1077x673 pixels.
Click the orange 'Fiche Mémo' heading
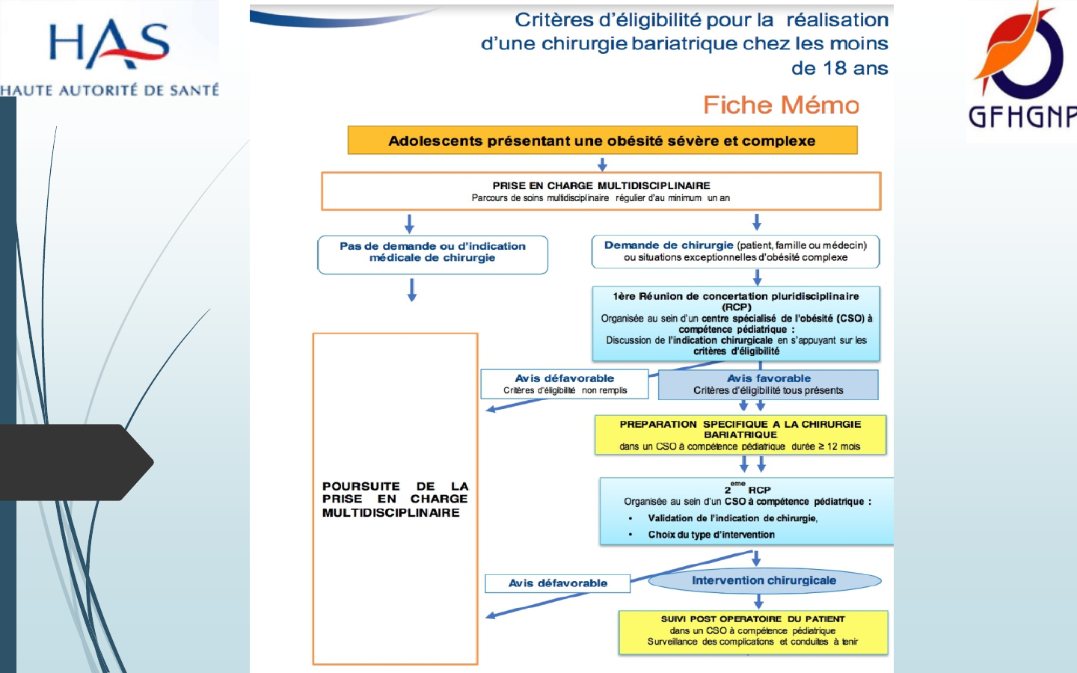pos(781,105)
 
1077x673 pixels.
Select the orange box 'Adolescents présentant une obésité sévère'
pos(602,141)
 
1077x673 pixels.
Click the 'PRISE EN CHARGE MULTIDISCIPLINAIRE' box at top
pos(601,191)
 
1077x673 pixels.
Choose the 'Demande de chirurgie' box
pos(735,252)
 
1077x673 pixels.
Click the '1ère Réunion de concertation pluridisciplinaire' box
pos(736,323)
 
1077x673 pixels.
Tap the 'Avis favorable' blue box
pos(768,384)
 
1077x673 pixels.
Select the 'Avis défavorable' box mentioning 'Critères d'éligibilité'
pos(565,384)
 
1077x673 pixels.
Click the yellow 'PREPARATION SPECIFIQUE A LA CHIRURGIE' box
pos(740,434)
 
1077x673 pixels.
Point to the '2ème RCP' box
pos(746,511)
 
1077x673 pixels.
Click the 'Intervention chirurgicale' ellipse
pos(764,581)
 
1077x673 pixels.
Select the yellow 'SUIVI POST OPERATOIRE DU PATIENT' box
pos(753,632)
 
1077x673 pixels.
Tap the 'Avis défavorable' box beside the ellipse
pos(558,583)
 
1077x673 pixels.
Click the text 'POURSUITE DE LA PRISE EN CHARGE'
pos(395,500)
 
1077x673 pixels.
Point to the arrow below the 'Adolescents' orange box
pos(602,164)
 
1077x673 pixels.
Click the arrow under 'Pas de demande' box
pos(412,289)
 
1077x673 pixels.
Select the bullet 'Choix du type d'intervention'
pos(711,535)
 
